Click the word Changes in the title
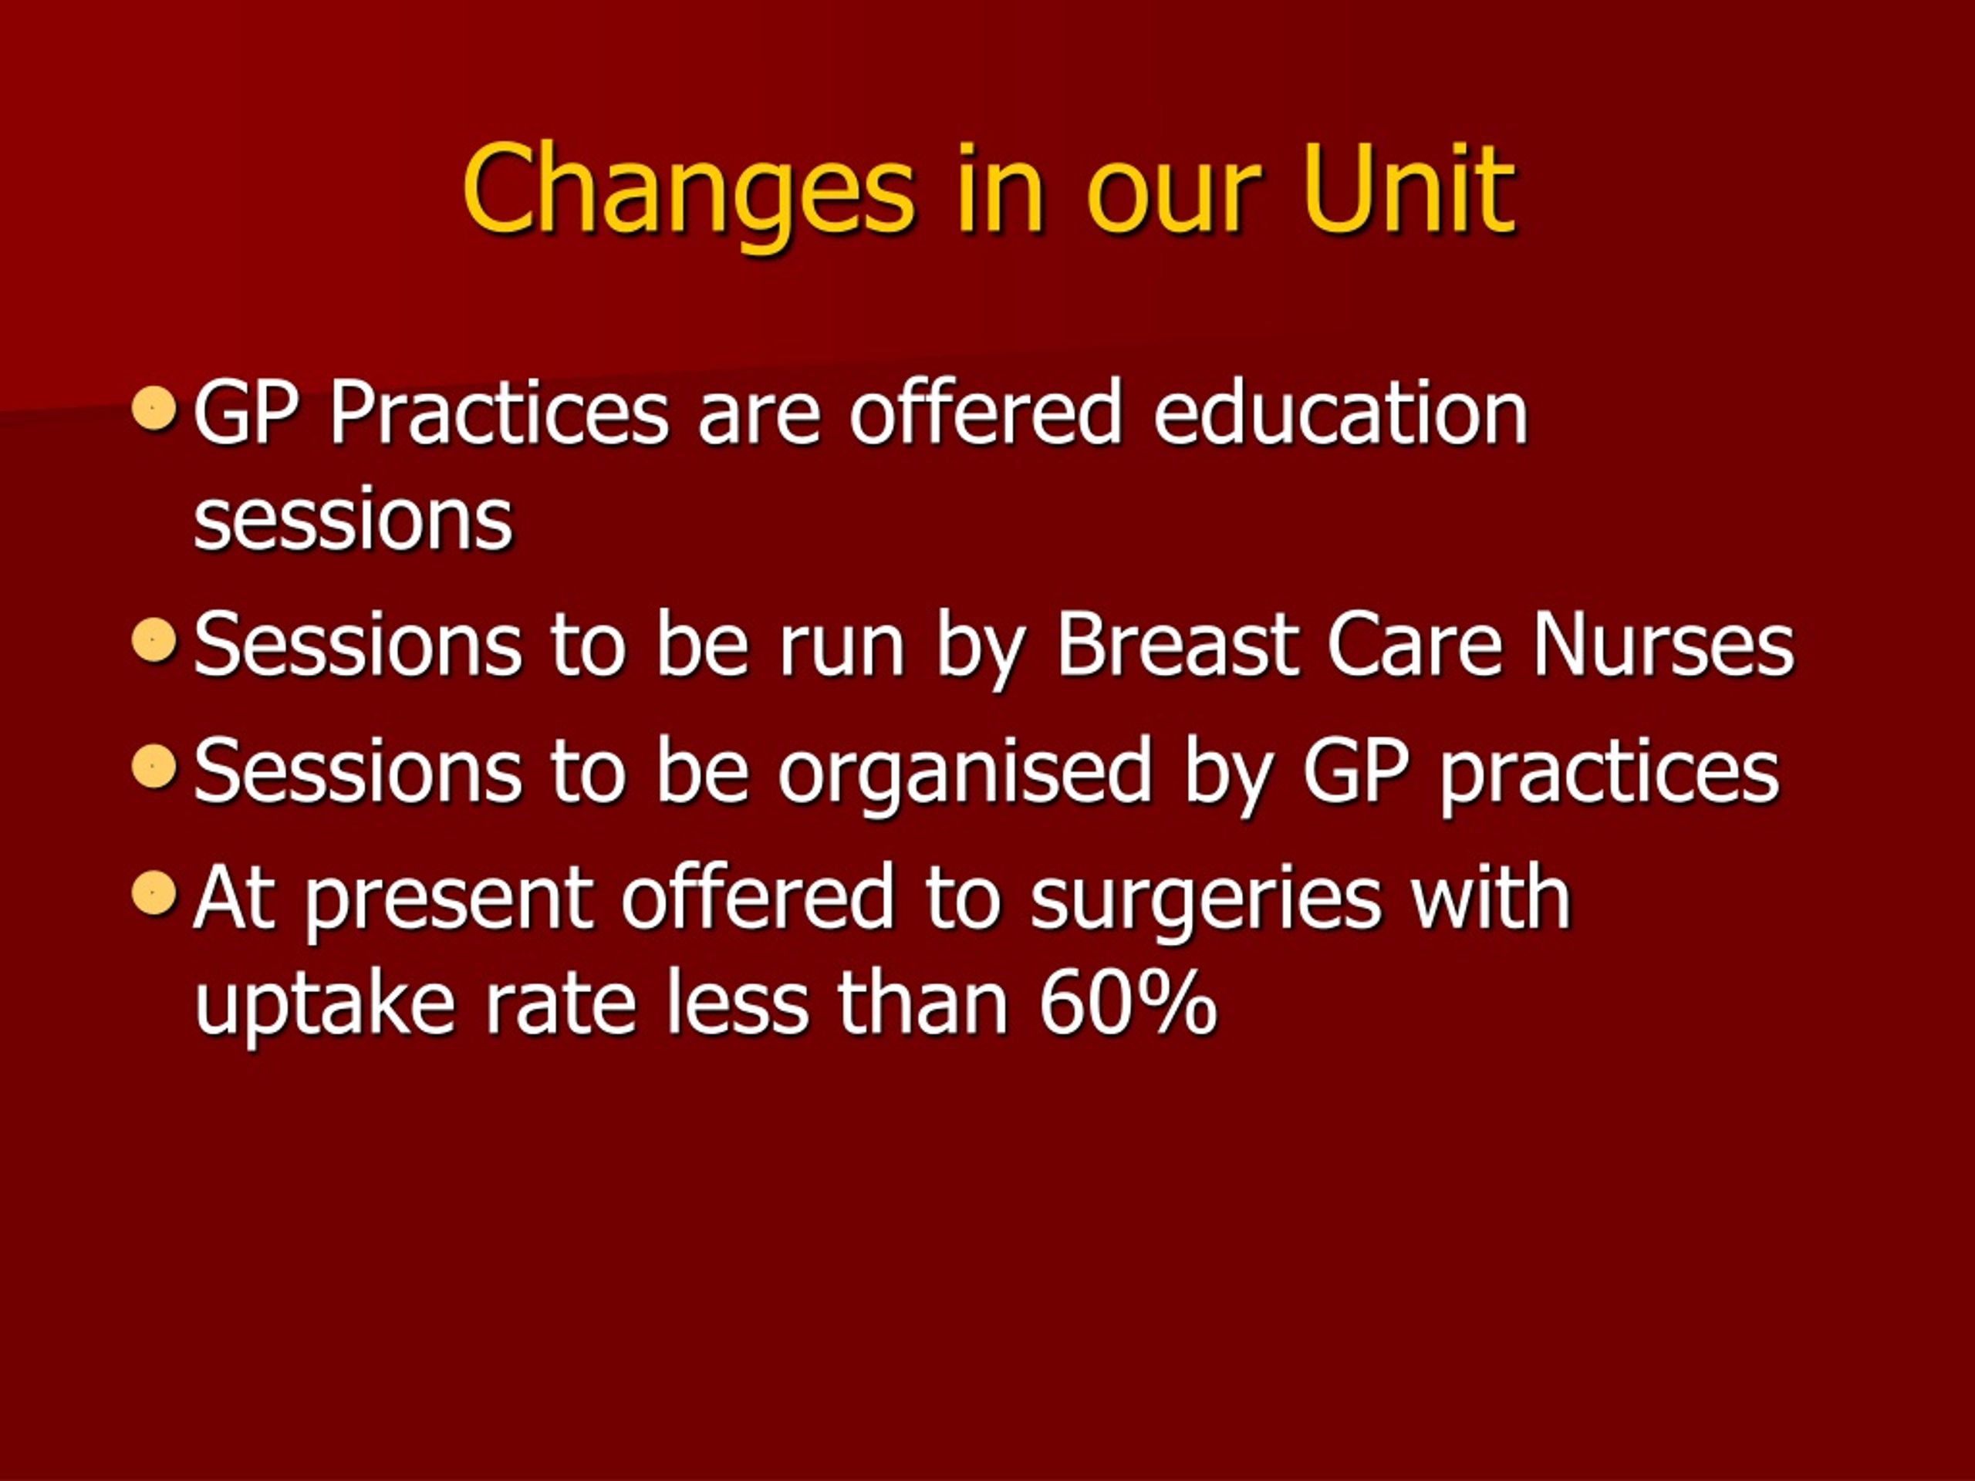[x=688, y=197]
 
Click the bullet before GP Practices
[x=154, y=408]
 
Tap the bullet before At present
[x=154, y=892]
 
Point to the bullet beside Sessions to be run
[x=154, y=639]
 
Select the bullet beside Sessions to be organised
[x=154, y=766]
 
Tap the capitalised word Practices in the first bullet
[x=499, y=412]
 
